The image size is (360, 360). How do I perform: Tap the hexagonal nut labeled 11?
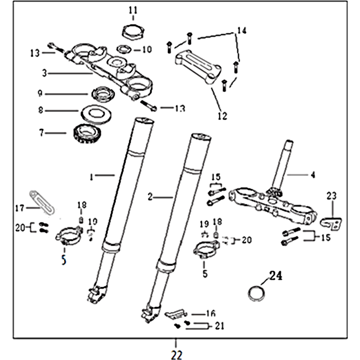(132, 32)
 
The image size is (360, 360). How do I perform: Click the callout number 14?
(241, 31)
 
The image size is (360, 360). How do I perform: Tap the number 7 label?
(42, 133)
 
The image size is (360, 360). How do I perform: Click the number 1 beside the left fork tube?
(91, 177)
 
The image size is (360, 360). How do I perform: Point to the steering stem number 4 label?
(313, 174)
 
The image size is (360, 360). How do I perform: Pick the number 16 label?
(211, 314)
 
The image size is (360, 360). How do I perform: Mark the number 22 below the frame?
(177, 355)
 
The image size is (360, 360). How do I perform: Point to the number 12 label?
(222, 116)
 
